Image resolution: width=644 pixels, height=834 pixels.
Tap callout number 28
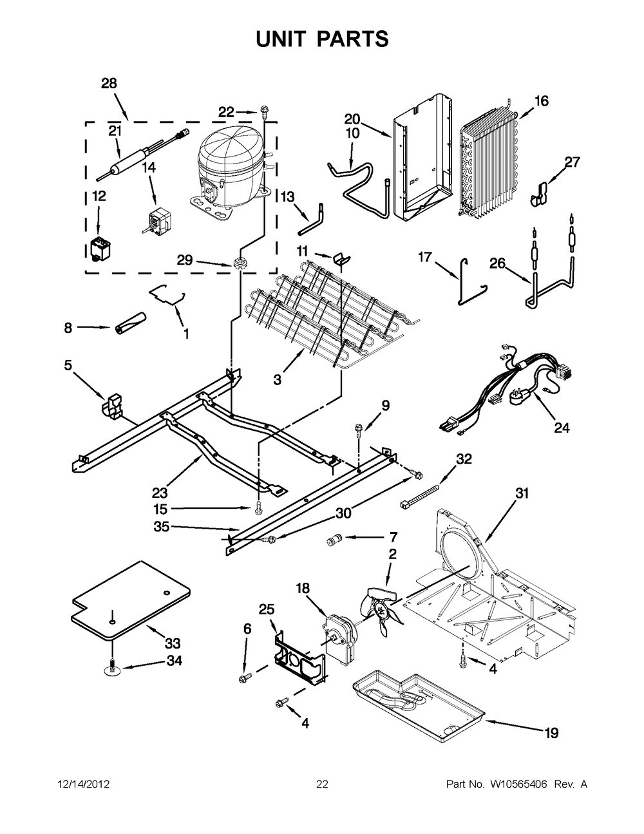coord(109,83)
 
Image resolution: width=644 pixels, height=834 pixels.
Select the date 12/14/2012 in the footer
coord(83,784)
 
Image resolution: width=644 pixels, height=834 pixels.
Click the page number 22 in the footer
coord(322,784)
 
